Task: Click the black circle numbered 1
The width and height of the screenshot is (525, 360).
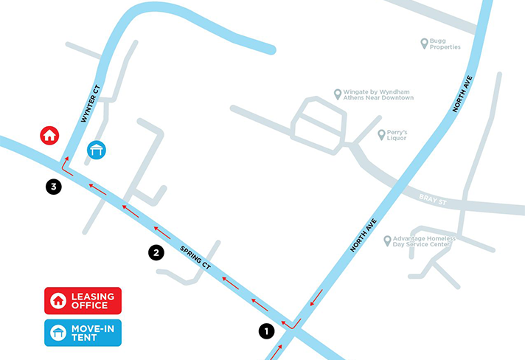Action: pyautogui.click(x=266, y=331)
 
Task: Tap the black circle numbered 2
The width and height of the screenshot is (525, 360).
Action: pyautogui.click(x=156, y=252)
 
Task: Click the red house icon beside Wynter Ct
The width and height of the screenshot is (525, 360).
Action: pyautogui.click(x=49, y=135)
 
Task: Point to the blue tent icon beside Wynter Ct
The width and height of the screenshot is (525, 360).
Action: pyautogui.click(x=97, y=150)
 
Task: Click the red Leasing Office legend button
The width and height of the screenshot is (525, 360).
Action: pyautogui.click(x=83, y=300)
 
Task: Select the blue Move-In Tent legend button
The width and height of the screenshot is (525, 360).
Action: pyautogui.click(x=83, y=333)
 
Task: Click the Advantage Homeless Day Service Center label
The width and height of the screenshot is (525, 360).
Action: pyautogui.click(x=424, y=242)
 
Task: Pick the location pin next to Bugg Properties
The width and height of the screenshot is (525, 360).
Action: pyautogui.click(x=424, y=44)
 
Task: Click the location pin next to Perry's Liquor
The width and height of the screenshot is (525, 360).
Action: pyautogui.click(x=381, y=135)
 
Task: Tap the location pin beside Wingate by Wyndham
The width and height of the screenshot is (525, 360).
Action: pyautogui.click(x=338, y=94)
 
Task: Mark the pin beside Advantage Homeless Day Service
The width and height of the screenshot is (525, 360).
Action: pyautogui.click(x=386, y=240)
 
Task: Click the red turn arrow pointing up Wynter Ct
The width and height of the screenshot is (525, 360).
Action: pyautogui.click(x=66, y=164)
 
